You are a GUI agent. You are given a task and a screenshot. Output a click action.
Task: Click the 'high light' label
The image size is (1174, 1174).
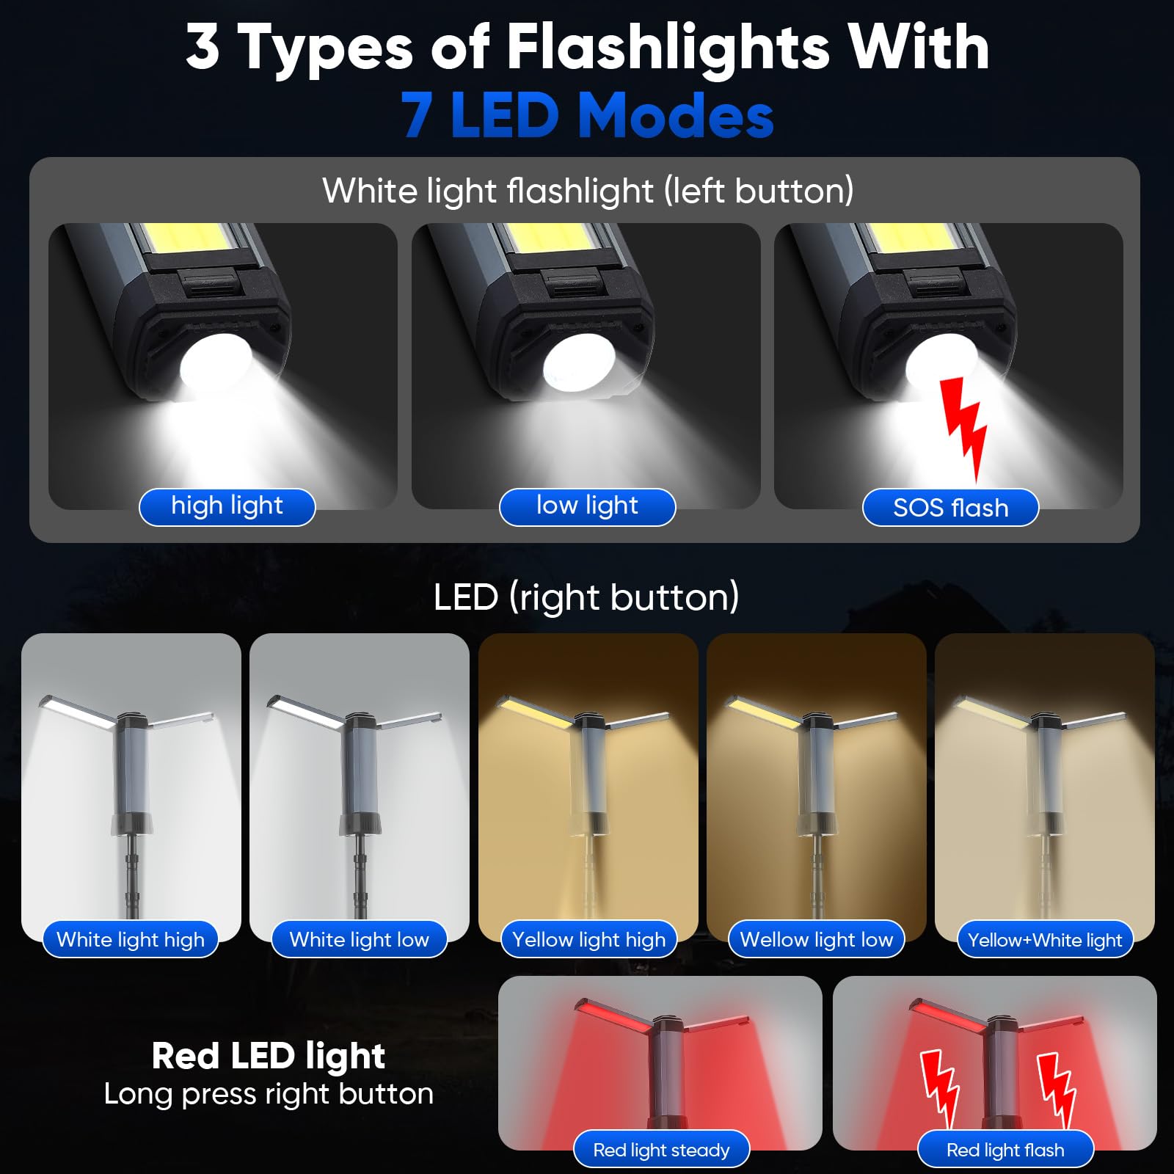(227, 506)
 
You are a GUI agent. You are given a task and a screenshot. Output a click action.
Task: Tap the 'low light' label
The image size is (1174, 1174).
(587, 506)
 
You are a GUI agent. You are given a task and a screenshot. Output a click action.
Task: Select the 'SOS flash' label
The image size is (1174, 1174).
(950, 507)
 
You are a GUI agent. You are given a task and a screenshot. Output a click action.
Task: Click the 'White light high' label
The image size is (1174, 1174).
(131, 939)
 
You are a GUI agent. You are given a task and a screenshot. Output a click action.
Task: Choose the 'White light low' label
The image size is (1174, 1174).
(359, 939)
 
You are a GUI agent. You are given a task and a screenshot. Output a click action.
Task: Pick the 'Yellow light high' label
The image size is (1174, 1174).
(588, 939)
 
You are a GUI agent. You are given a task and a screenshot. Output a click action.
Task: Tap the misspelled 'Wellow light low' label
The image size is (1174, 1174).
(817, 939)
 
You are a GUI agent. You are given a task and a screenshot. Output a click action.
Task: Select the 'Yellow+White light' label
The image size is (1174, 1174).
(1045, 939)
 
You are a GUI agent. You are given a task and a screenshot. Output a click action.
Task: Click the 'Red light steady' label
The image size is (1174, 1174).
(661, 1150)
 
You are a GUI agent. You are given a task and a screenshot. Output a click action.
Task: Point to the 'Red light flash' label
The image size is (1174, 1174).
(1005, 1150)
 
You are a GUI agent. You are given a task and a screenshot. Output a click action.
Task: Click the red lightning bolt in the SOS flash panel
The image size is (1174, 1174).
(963, 428)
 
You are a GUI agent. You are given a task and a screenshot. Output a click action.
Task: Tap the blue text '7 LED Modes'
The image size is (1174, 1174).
(587, 115)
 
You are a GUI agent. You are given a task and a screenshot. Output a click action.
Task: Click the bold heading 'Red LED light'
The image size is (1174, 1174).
(269, 1056)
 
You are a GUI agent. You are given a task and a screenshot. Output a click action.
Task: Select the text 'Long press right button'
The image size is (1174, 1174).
(269, 1094)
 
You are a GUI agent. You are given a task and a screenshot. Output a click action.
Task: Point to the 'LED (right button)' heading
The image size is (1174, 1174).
(586, 597)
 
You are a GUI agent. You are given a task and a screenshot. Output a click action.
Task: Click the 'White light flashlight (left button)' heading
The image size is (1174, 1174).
(588, 191)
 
